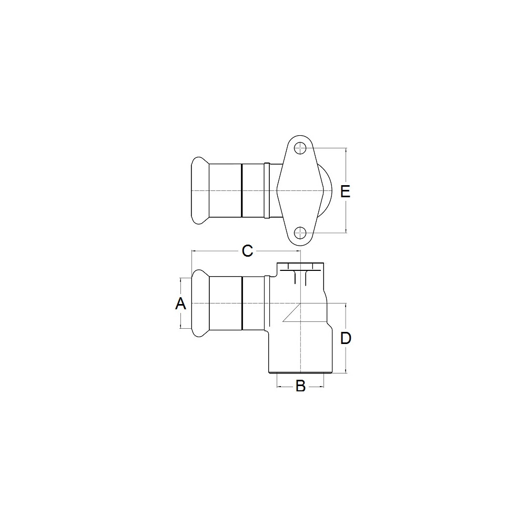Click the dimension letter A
coord(180,304)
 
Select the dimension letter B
coord(300,386)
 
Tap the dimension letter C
coord(247,251)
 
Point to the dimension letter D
coord(346,338)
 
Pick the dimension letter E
coord(345,191)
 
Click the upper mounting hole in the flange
coord(300,148)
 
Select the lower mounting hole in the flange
coord(300,232)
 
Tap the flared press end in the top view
coord(200,190)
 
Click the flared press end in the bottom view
coord(200,304)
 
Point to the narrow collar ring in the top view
coord(267,190)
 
